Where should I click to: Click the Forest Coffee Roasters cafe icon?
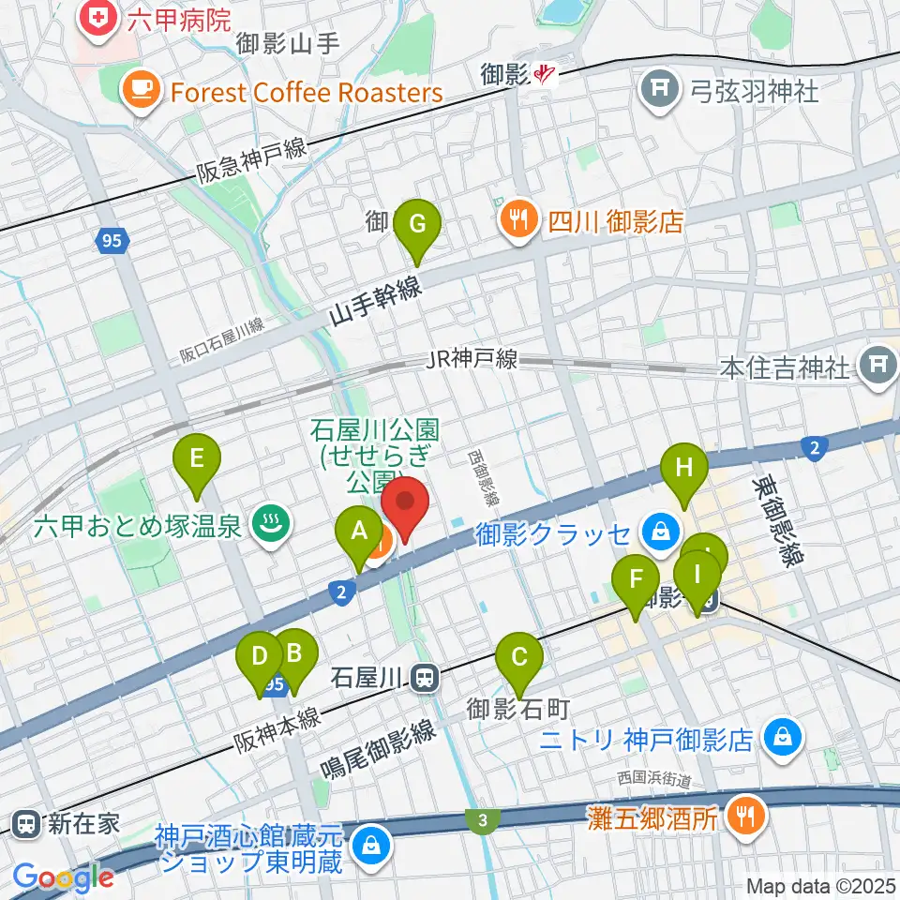pyautogui.click(x=141, y=92)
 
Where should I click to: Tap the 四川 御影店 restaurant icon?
pyautogui.click(x=517, y=222)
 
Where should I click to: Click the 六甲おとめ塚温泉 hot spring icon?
pyautogui.click(x=270, y=524)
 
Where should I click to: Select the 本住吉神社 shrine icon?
pyautogui.click(x=879, y=365)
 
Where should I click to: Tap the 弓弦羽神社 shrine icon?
pyautogui.click(x=660, y=91)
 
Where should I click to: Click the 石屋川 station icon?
pyautogui.click(x=426, y=676)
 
